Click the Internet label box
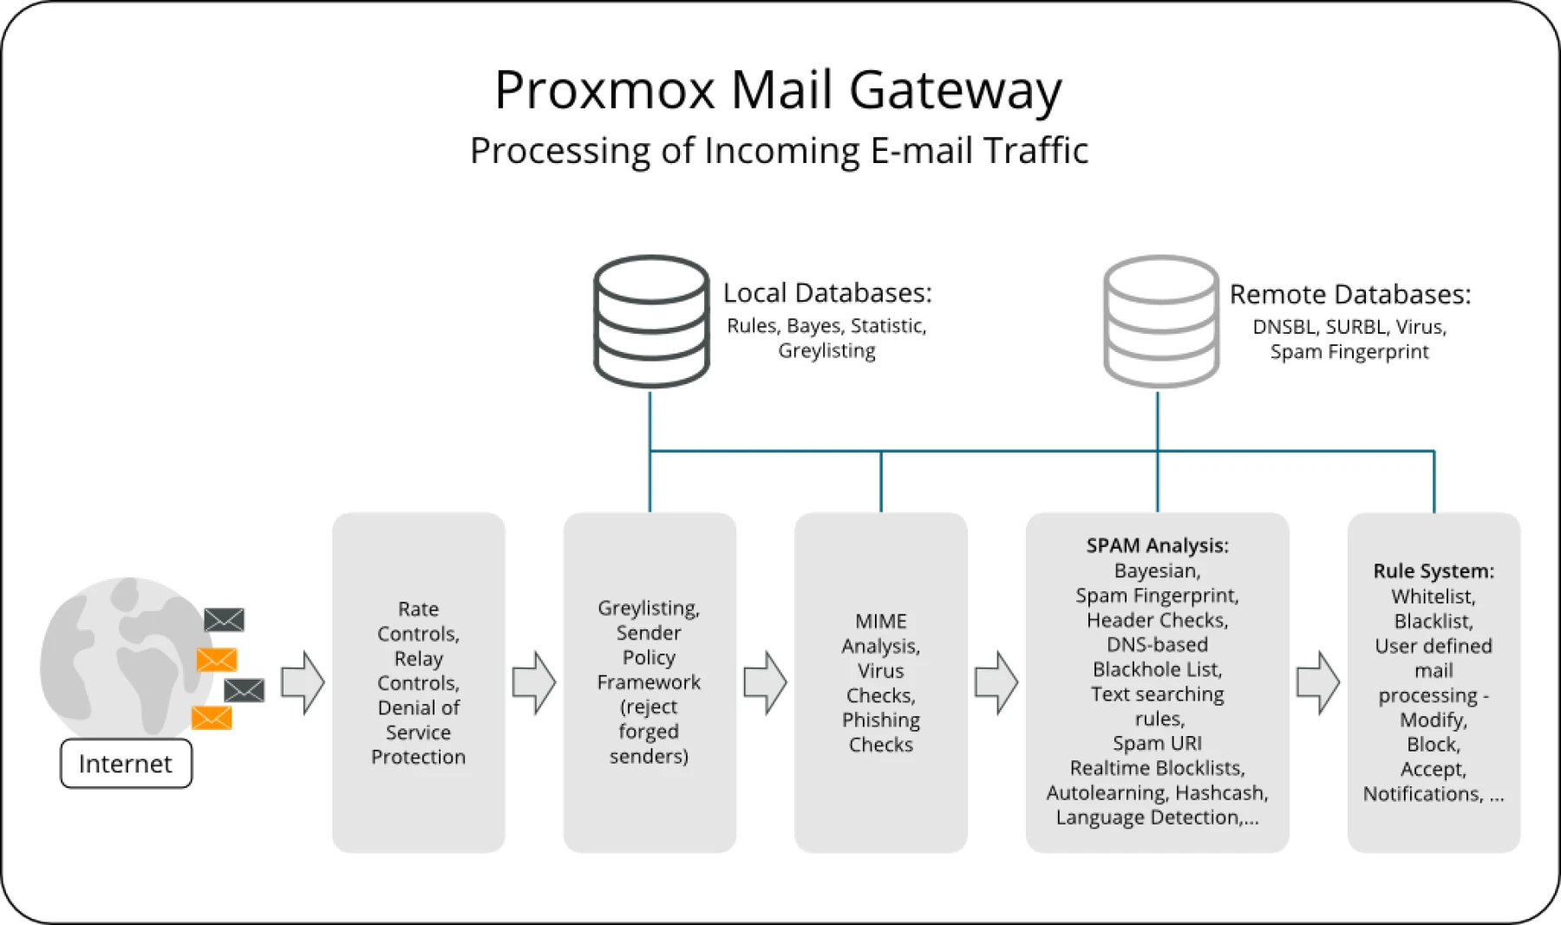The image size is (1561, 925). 126,764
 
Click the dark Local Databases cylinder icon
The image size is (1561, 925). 651,321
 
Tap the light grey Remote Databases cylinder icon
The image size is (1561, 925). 1161,321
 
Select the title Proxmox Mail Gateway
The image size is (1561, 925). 778,89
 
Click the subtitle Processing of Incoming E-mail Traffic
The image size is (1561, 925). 778,151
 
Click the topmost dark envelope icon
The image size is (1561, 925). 224,620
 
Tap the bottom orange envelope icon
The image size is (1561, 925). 212,718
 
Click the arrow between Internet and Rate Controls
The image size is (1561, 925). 303,683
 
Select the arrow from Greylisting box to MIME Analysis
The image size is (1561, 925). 765,683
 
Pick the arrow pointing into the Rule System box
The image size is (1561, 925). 1317,683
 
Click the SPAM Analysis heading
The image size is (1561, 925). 1157,545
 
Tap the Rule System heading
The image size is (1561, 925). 1433,571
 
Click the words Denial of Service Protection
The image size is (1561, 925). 418,733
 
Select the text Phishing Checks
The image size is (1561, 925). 880,733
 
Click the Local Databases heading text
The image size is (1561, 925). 826,293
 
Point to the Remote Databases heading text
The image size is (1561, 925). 1349,295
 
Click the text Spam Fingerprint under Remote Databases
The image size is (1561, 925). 1349,352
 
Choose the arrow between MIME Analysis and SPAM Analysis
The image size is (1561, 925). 996,683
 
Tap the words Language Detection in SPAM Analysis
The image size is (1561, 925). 1147,818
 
